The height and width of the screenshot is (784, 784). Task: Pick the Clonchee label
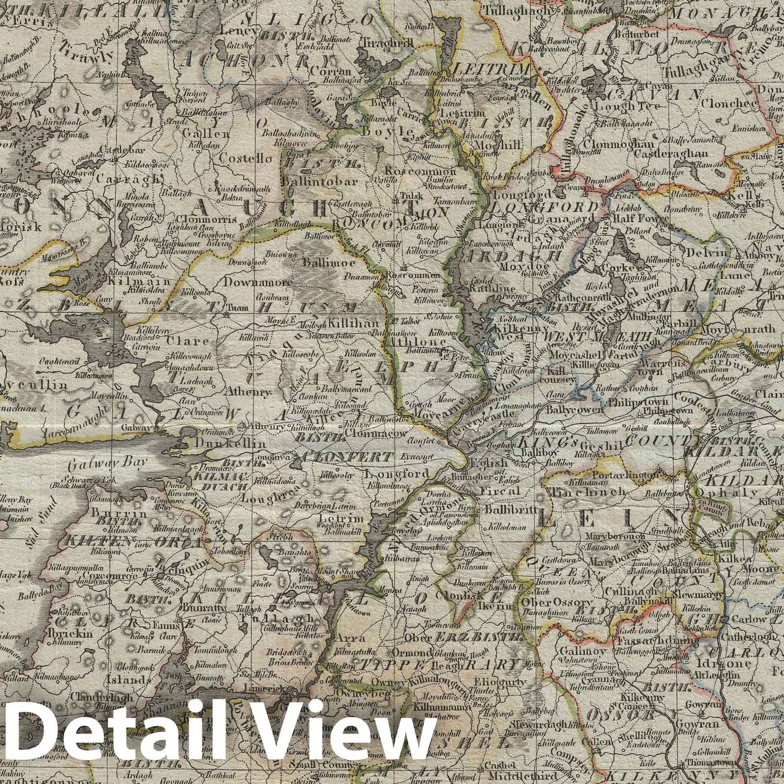point(723,104)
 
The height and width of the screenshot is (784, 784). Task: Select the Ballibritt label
point(506,509)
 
